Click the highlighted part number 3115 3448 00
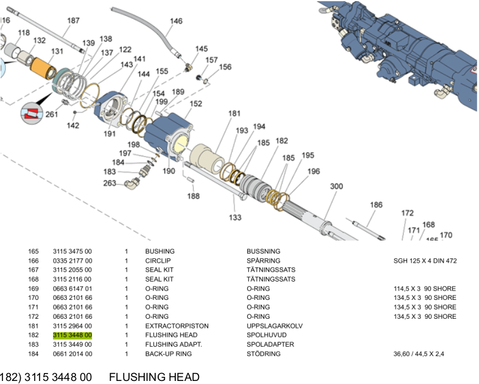click(x=72, y=335)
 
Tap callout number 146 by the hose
click(x=176, y=21)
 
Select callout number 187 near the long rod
click(x=73, y=21)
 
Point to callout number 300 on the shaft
click(x=337, y=187)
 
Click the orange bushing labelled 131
click(x=44, y=65)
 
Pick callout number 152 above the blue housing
click(x=195, y=104)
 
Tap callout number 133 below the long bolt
click(x=235, y=217)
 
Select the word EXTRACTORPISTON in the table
click(x=177, y=326)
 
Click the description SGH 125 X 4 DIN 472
click(x=425, y=261)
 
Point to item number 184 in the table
click(x=33, y=354)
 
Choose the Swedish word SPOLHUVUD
click(x=265, y=335)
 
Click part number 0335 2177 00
click(x=72, y=261)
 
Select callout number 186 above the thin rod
click(x=376, y=205)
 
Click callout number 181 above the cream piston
click(x=235, y=113)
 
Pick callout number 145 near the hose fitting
click(x=201, y=49)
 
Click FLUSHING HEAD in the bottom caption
click(x=154, y=377)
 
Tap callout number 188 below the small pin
click(x=193, y=196)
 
